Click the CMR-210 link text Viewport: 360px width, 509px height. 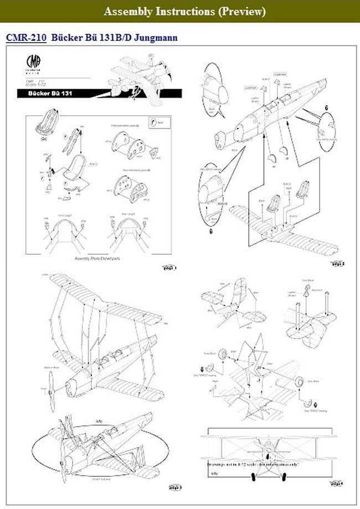coord(25,38)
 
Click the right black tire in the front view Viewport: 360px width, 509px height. coord(284,476)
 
